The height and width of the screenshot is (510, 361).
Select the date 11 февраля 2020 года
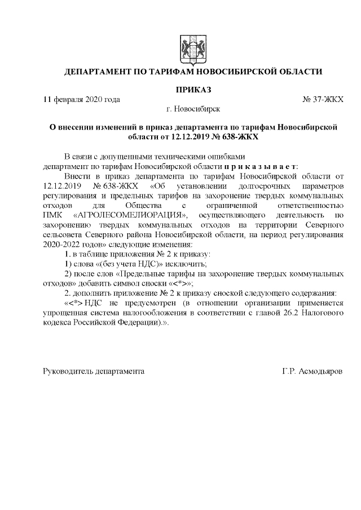pyautogui.click(x=82, y=99)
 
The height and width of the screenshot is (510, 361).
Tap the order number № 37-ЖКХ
pyautogui.click(x=323, y=99)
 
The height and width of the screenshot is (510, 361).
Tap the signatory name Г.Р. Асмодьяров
pyautogui.click(x=312, y=371)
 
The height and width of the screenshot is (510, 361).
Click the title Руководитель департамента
pyautogui.click(x=94, y=371)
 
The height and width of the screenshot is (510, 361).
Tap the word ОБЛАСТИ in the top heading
pyautogui.click(x=298, y=72)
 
